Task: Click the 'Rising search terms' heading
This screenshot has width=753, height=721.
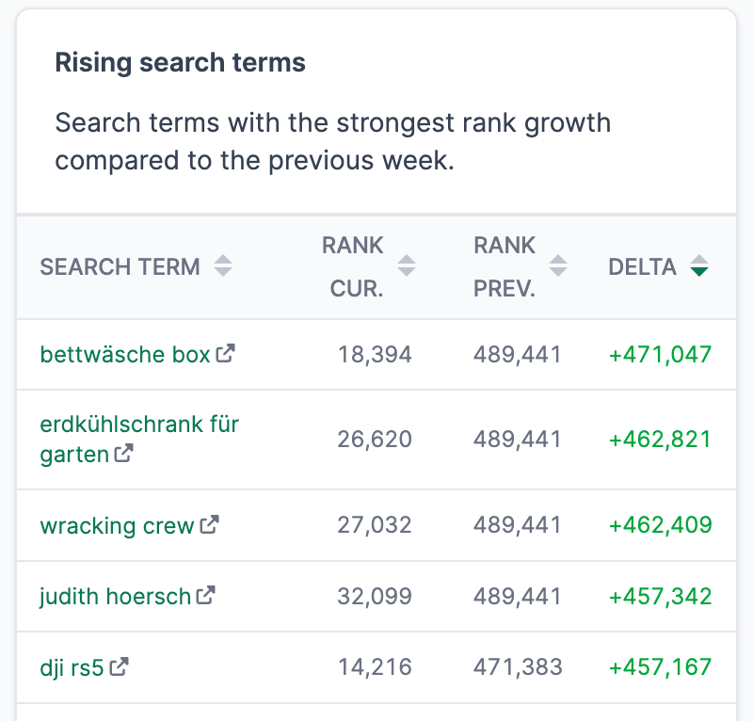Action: coord(180,63)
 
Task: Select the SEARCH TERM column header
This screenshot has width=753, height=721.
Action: coord(120,267)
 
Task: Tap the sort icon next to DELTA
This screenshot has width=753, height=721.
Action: coord(698,267)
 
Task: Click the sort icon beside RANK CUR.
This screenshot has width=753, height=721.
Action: coord(407,266)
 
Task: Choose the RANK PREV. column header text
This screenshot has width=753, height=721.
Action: coord(505,267)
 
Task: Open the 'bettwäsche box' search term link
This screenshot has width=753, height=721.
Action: coord(125,355)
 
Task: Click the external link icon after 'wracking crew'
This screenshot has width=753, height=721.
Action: coord(209,524)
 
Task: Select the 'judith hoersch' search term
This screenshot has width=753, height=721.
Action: coord(115,596)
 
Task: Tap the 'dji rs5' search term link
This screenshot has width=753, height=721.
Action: coord(72,667)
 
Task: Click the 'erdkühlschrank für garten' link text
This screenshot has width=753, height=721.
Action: coord(139,425)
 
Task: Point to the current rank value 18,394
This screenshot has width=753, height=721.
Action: coord(375,355)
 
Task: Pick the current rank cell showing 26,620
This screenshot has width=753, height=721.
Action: coord(375,440)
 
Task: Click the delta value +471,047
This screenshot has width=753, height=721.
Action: coord(660,355)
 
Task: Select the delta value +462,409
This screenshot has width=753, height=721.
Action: coord(660,525)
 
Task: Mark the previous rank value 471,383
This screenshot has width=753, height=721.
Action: coord(518,667)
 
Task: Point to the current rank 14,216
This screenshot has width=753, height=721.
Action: coord(375,667)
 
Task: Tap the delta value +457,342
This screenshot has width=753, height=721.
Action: coord(660,597)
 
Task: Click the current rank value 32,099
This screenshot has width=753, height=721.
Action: coord(375,597)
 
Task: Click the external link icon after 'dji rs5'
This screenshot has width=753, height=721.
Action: coord(120,667)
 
